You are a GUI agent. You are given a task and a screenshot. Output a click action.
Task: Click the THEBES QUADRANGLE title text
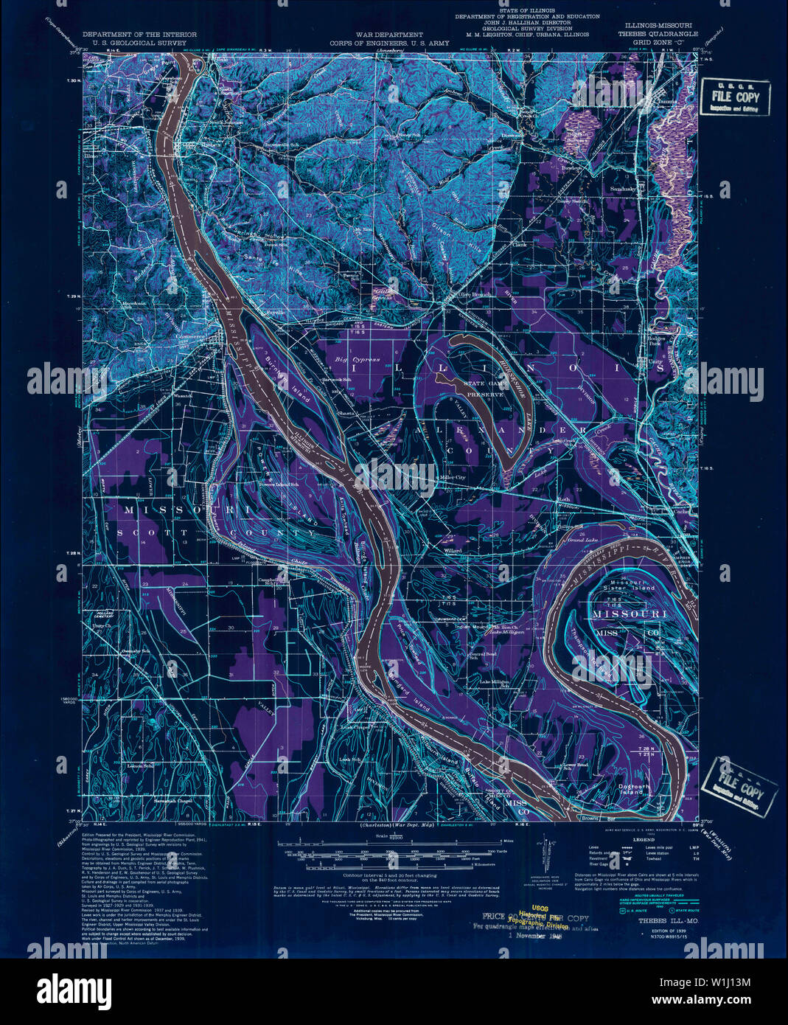click(658, 34)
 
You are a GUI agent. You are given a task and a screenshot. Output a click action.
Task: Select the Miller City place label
click(452, 478)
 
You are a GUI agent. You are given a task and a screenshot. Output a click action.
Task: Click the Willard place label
click(452, 550)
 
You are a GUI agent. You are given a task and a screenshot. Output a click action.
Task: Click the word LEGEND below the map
click(624, 840)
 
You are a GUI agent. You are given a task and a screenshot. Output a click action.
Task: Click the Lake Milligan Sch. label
click(492, 683)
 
